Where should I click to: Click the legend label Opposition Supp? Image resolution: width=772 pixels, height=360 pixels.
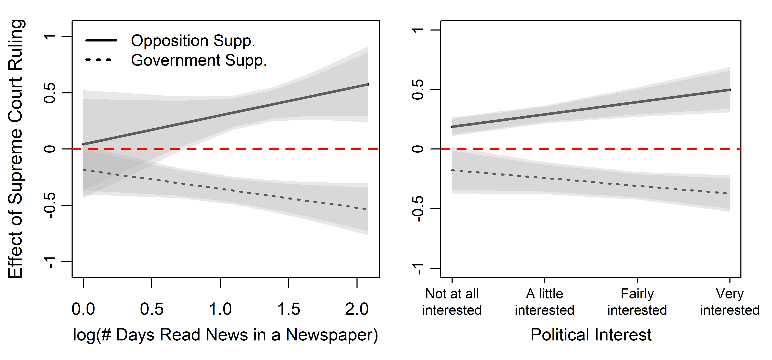(x=193, y=41)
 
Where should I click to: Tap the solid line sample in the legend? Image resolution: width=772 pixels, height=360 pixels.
(x=101, y=40)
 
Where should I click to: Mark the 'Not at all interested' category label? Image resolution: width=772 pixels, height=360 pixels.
(x=452, y=302)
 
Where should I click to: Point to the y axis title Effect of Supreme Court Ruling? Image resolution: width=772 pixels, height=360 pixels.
(x=16, y=149)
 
